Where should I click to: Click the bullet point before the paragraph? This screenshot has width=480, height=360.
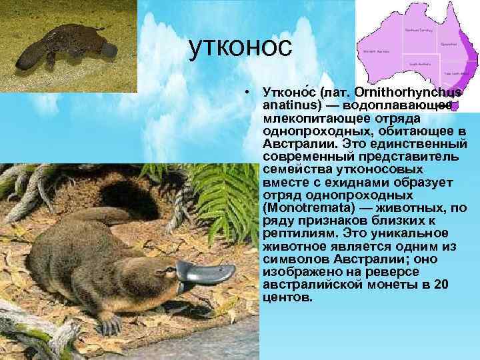(247, 90)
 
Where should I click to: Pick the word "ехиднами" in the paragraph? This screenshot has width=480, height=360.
(350, 182)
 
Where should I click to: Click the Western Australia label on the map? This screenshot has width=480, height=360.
(375, 51)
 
